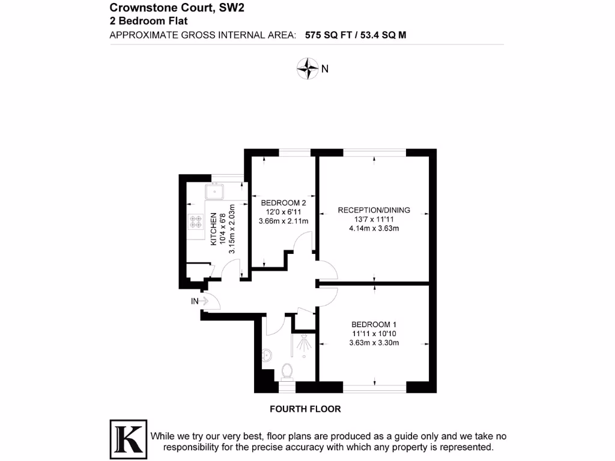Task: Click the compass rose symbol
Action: (x=307, y=68)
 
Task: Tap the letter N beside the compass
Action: (x=325, y=69)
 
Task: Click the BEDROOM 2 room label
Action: (x=283, y=202)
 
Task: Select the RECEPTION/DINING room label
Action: (x=374, y=210)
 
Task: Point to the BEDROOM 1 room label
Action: (x=374, y=325)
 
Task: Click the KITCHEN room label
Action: (x=213, y=229)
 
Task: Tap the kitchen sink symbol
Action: (x=214, y=192)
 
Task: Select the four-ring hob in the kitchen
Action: (x=196, y=221)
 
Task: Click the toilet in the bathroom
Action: (x=287, y=372)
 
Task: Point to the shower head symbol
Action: (x=306, y=343)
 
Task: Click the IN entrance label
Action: (x=195, y=301)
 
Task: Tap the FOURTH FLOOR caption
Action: (x=305, y=409)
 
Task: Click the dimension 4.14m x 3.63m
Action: (x=374, y=228)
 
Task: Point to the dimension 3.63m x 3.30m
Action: (x=374, y=343)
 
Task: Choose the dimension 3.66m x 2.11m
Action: (x=283, y=221)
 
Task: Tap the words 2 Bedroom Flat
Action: (x=149, y=20)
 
